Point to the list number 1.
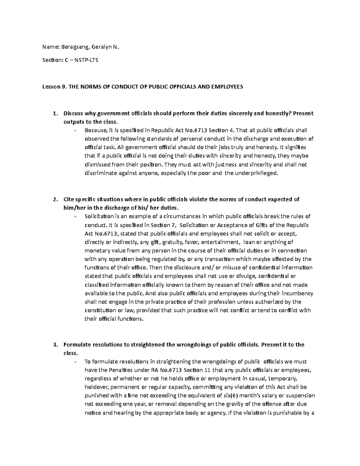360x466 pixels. point(54,113)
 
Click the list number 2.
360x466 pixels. point(54,199)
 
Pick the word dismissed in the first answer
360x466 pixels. point(98,165)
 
